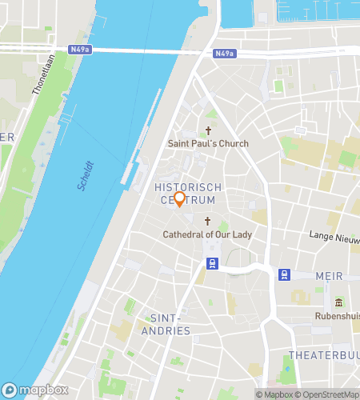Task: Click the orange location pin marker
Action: (x=180, y=199)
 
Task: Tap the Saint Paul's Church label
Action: (x=208, y=143)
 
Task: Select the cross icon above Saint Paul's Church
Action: (x=209, y=130)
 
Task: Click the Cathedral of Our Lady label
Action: (x=207, y=234)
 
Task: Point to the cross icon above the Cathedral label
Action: (x=208, y=221)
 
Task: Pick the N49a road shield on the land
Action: (x=225, y=54)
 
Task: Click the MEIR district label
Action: (x=330, y=276)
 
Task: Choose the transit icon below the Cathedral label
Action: (x=212, y=262)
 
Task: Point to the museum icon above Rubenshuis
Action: (x=338, y=302)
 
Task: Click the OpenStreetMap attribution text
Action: (x=329, y=394)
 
